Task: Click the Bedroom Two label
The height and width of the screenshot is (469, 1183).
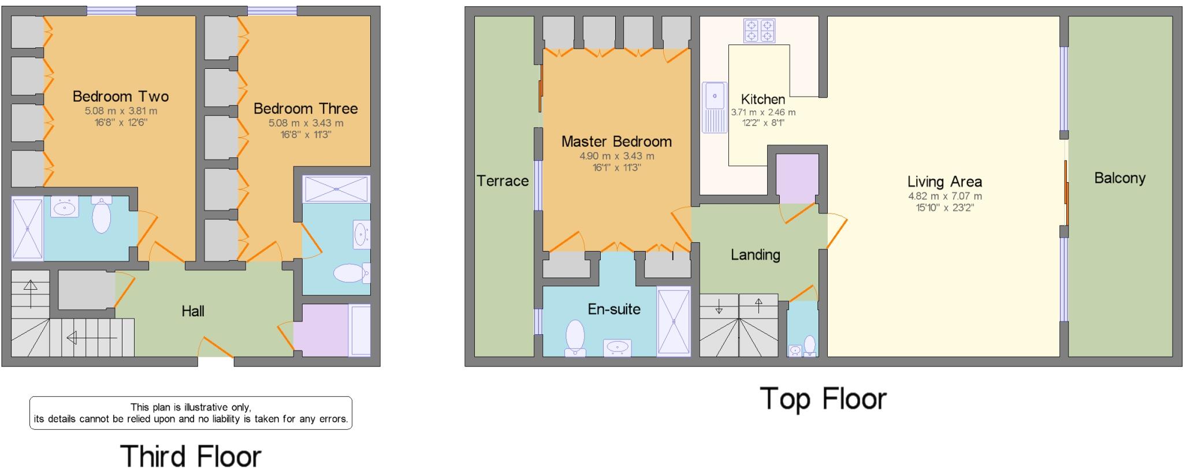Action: pyautogui.click(x=120, y=96)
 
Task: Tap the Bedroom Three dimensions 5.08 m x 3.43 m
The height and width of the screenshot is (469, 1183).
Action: pyautogui.click(x=306, y=123)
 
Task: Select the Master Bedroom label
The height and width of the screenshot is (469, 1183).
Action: pyautogui.click(x=616, y=141)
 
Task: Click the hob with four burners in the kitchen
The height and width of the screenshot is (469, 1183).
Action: pyautogui.click(x=759, y=30)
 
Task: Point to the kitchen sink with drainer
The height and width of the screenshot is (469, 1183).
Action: pyautogui.click(x=715, y=107)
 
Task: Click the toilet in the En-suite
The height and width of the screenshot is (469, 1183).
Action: pyautogui.click(x=575, y=338)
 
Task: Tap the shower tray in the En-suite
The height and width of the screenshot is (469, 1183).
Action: pyautogui.click(x=674, y=322)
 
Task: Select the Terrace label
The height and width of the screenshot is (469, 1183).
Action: pyautogui.click(x=503, y=181)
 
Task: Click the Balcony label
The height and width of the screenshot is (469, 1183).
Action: pyautogui.click(x=1119, y=178)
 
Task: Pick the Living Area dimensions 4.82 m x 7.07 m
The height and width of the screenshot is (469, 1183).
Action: pyautogui.click(x=944, y=196)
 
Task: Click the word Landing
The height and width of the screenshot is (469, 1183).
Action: pyautogui.click(x=755, y=254)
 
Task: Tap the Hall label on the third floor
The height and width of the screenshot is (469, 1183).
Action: pyautogui.click(x=193, y=311)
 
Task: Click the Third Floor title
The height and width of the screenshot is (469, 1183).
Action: pyautogui.click(x=191, y=455)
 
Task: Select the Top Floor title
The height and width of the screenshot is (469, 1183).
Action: pyautogui.click(x=823, y=398)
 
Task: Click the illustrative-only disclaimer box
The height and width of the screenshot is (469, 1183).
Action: pyautogui.click(x=191, y=413)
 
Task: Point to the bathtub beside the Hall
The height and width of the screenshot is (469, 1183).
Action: pyautogui.click(x=359, y=330)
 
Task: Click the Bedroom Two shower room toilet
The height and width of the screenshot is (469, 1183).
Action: pyautogui.click(x=101, y=215)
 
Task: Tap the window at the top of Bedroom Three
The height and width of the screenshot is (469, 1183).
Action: pyautogui.click(x=272, y=10)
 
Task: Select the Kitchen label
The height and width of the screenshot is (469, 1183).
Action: pyautogui.click(x=762, y=99)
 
